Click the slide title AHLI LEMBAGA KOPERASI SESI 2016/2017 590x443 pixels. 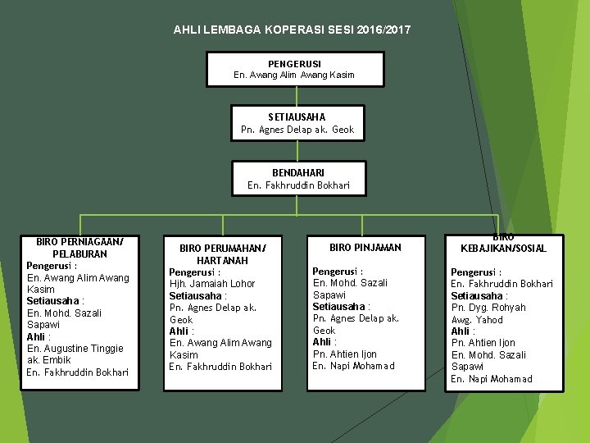click(293, 30)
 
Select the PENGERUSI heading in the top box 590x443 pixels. click(294, 63)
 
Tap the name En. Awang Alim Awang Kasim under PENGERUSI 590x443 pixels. click(294, 75)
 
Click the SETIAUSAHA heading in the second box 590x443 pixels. click(297, 117)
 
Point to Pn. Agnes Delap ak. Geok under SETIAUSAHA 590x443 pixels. click(297, 130)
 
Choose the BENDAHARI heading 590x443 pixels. click(298, 173)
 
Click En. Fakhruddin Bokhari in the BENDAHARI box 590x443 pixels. click(298, 185)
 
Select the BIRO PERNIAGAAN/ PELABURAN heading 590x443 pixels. click(79, 248)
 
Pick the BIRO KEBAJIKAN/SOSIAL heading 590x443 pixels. click(503, 243)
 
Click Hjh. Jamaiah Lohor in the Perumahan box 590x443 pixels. click(212, 284)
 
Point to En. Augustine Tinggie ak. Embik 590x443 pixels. click(75, 354)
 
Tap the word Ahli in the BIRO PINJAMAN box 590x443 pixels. click(323, 342)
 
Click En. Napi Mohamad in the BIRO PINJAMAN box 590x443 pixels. click(353, 366)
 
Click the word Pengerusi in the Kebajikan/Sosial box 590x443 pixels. click(476, 272)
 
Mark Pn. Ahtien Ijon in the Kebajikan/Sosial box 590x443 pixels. click(483, 343)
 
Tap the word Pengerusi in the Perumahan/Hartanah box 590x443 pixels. click(193, 272)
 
